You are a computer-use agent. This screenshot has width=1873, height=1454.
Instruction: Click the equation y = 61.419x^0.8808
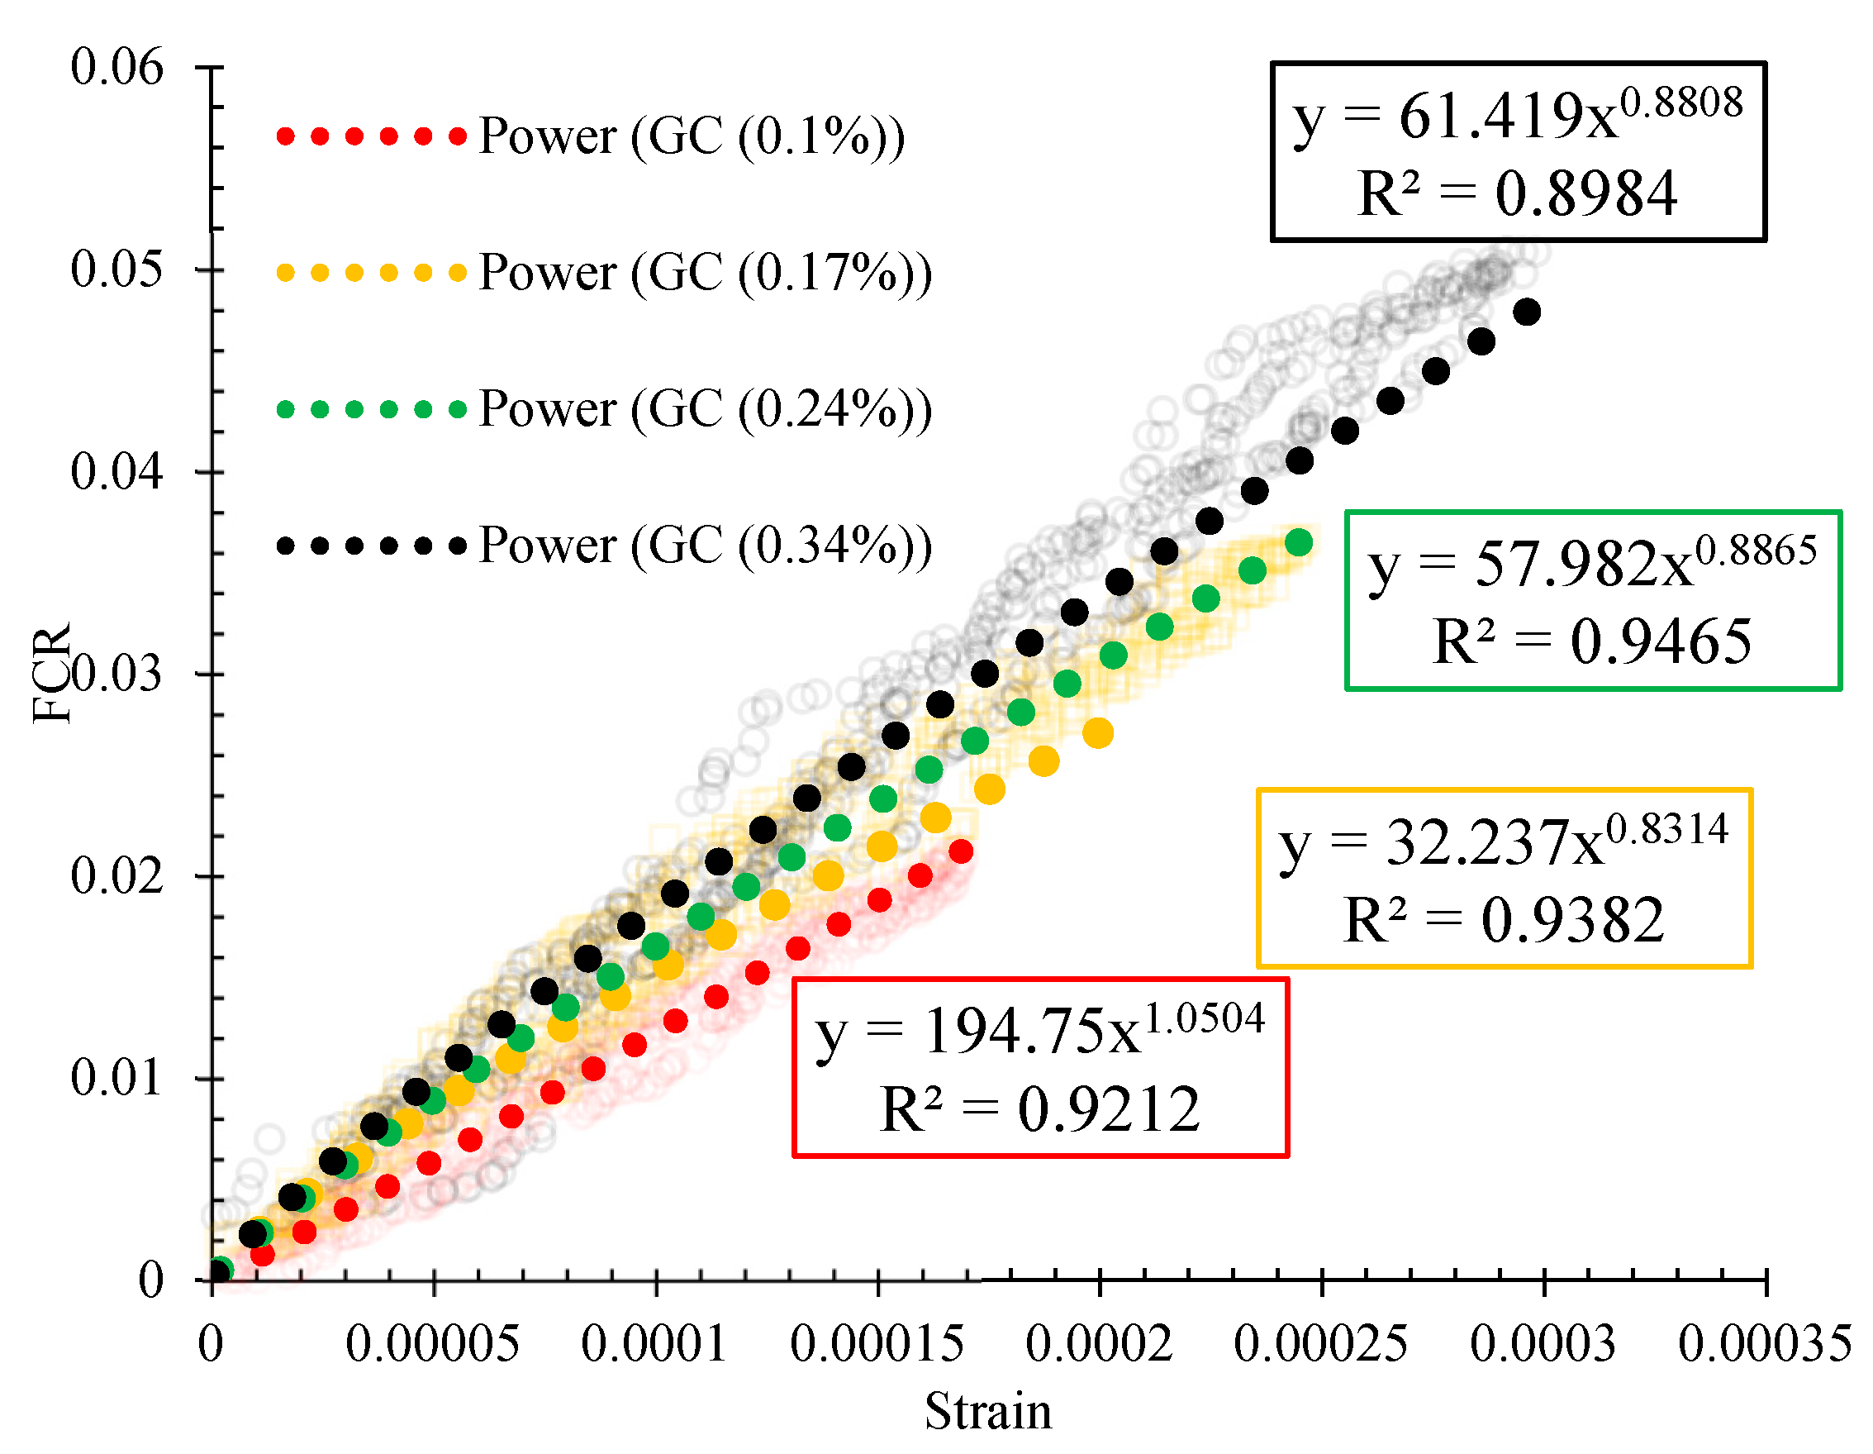coord(1517,116)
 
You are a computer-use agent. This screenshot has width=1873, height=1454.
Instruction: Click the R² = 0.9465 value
coord(1592,641)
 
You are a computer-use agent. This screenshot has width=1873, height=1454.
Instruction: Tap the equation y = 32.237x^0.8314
coord(1504,843)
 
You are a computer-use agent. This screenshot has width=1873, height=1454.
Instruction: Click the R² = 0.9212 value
coord(1039,1109)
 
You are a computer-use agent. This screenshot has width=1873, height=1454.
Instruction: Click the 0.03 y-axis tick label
coord(116,675)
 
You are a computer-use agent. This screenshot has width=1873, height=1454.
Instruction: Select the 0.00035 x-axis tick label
coord(1765,1344)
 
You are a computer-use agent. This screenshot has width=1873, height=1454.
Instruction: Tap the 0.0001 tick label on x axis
coord(654,1344)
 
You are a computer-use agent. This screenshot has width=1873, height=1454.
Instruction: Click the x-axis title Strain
coord(988,1412)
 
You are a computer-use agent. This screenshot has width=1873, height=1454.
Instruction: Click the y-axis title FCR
coord(51,675)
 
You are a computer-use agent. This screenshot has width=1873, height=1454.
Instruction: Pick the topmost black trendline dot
coord(1527,312)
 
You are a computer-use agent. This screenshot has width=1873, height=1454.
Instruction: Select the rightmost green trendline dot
coord(1300,542)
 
